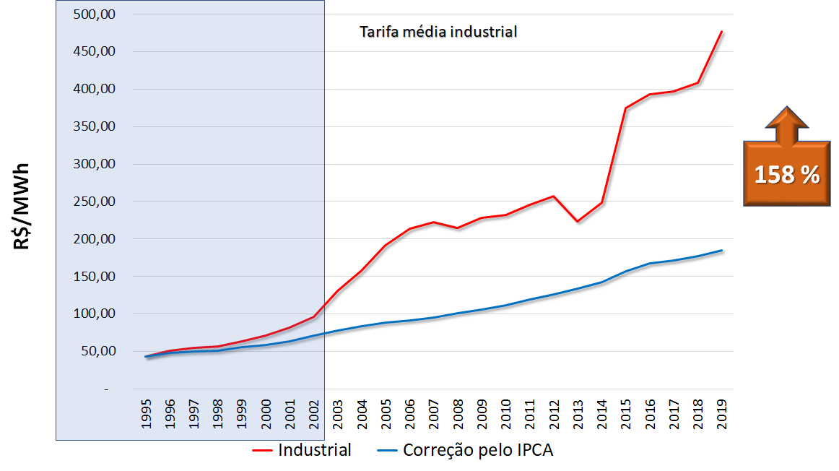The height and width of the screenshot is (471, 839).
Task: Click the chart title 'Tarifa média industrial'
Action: (438, 32)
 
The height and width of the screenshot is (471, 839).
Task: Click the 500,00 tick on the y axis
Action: (95, 14)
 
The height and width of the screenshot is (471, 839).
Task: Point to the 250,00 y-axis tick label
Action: (95, 202)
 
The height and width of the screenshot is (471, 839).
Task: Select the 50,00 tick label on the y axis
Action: (97, 351)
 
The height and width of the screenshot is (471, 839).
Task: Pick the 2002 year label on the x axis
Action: (314, 412)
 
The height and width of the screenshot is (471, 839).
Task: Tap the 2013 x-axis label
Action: (577, 412)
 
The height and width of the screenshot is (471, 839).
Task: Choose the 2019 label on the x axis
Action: (721, 412)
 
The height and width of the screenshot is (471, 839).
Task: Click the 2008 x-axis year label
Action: (458, 412)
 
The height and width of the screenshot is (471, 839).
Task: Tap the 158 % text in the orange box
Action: (787, 175)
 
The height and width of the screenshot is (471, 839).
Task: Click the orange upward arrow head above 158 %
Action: (786, 118)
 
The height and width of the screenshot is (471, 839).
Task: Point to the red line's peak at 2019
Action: (721, 32)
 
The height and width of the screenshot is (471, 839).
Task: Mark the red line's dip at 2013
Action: (578, 221)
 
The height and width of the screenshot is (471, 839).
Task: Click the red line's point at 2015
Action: (625, 108)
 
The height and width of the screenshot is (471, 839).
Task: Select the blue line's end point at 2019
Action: (721, 251)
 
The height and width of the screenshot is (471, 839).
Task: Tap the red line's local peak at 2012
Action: (553, 196)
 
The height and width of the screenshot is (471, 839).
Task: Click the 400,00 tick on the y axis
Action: (95, 89)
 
